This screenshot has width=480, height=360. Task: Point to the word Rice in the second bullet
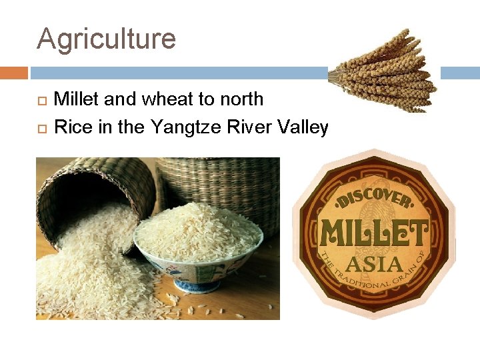[73, 126]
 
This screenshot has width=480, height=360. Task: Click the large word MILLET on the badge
[374, 233]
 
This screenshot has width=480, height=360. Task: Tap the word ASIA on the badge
[375, 265]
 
